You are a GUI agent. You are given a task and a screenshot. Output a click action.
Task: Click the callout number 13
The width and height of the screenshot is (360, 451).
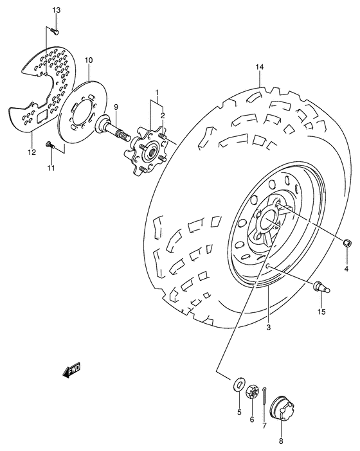pyautogui.click(x=55, y=11)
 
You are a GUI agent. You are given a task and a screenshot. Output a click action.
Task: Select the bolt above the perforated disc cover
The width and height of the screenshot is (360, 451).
pyautogui.click(x=55, y=30)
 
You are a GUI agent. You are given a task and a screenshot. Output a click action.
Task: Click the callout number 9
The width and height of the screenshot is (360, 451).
pyautogui.click(x=117, y=107)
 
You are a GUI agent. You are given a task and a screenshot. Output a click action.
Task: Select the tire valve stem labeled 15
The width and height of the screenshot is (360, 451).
pyautogui.click(x=321, y=289)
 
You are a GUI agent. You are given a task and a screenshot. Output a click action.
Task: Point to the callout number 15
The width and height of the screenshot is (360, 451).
pyautogui.click(x=321, y=312)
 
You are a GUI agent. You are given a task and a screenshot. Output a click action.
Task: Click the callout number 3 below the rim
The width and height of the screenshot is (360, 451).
pyautogui.click(x=269, y=328)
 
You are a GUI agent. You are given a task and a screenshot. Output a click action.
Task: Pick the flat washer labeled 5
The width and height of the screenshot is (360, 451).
pyautogui.click(x=239, y=386)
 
